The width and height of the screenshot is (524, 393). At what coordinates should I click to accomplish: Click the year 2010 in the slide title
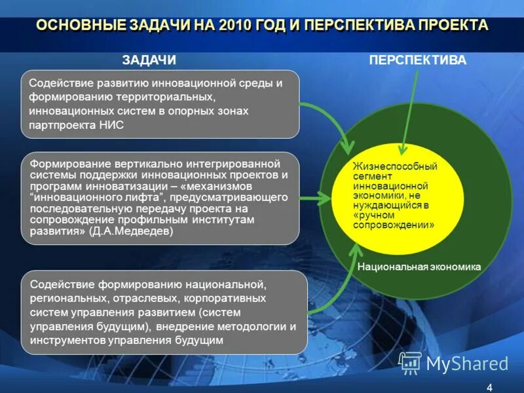(236, 26)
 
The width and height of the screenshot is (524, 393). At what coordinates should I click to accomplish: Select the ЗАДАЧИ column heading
(149, 60)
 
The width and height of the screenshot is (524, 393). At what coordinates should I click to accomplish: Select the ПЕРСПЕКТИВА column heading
(417, 60)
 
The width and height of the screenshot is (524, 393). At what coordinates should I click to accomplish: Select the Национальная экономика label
(419, 267)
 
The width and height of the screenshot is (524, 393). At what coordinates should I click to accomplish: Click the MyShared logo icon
(410, 362)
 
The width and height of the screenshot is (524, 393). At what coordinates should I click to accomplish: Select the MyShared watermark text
(467, 363)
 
